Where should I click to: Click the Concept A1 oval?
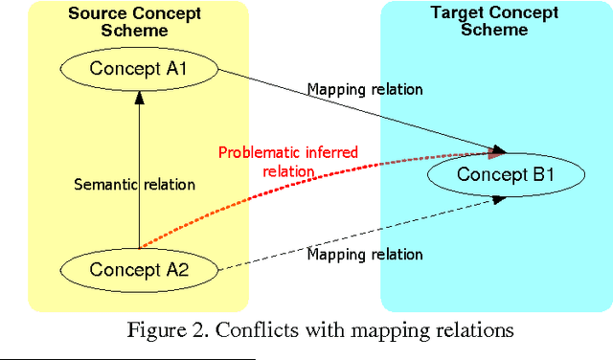point(139,68)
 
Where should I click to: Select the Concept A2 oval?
point(139,269)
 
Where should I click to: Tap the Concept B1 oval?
point(504,174)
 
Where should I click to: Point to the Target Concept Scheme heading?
point(494,21)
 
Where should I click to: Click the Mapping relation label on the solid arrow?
point(365,90)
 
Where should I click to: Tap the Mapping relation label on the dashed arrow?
point(365,255)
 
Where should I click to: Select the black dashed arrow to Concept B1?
point(364,234)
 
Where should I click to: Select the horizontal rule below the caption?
point(128,358)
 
